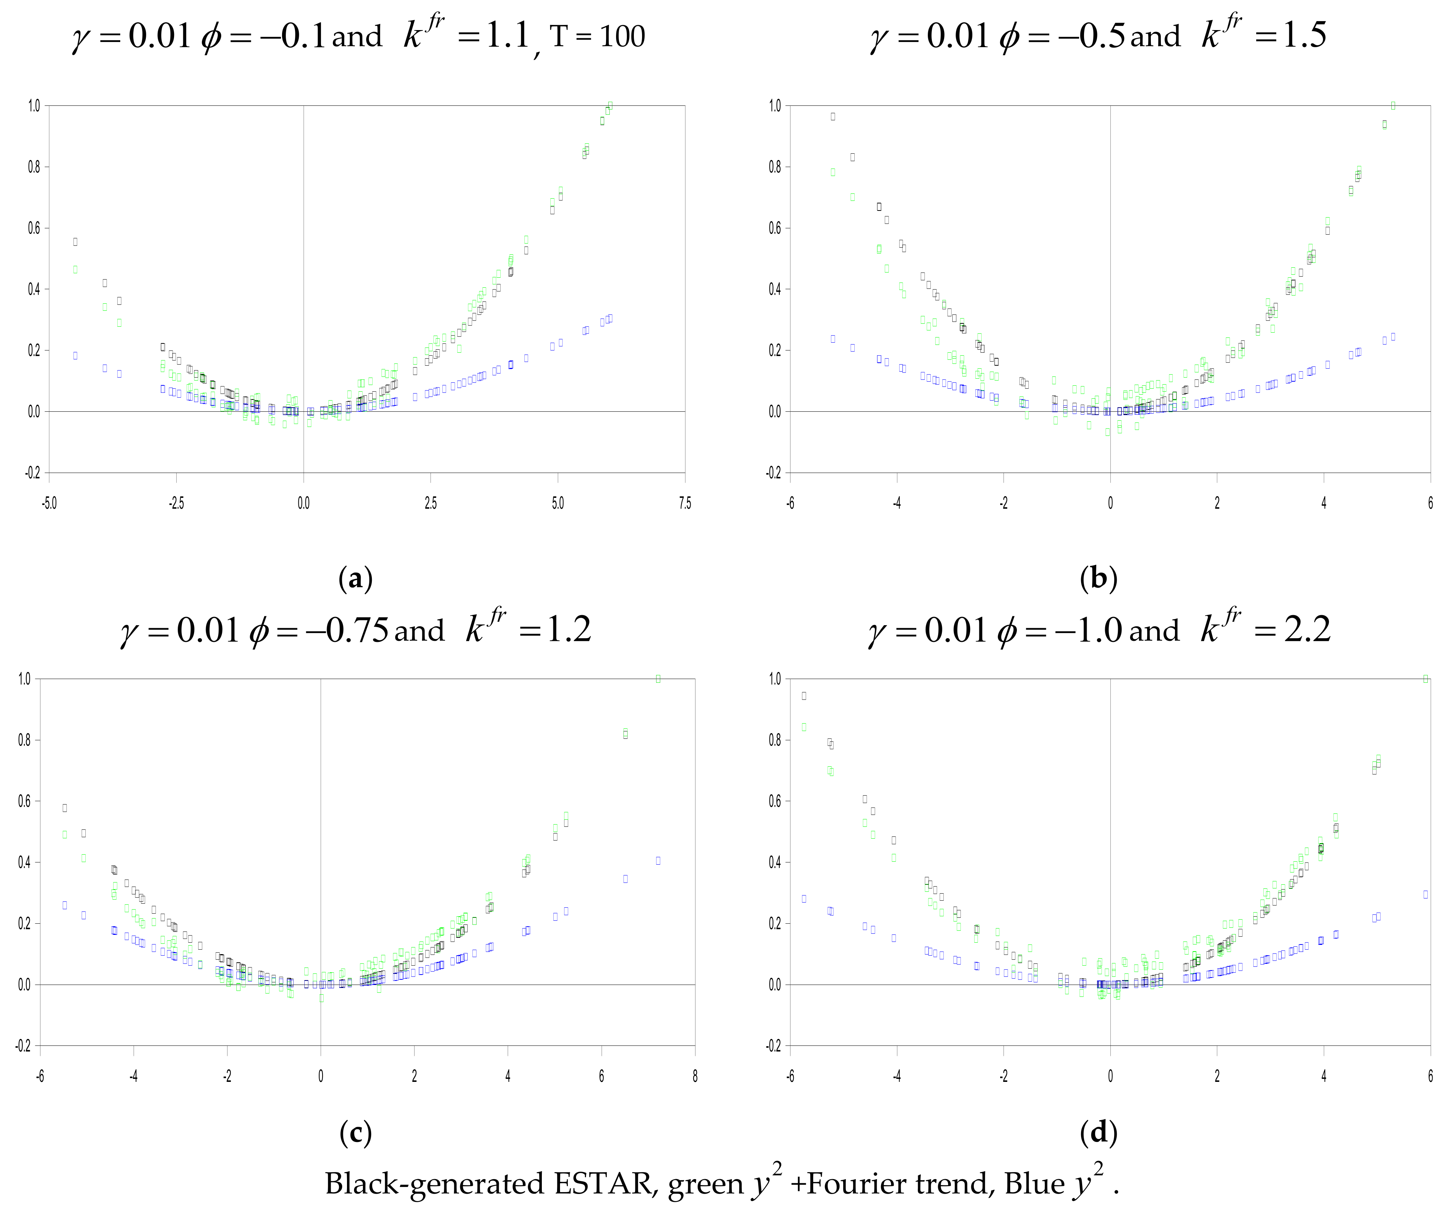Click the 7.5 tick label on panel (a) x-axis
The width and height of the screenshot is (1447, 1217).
[x=684, y=503]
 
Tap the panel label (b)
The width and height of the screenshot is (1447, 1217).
[x=1098, y=578]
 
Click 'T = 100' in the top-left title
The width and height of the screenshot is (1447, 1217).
[x=597, y=36]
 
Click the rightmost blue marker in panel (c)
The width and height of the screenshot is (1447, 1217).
[x=658, y=860]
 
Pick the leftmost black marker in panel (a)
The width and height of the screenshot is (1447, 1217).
[x=75, y=241]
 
